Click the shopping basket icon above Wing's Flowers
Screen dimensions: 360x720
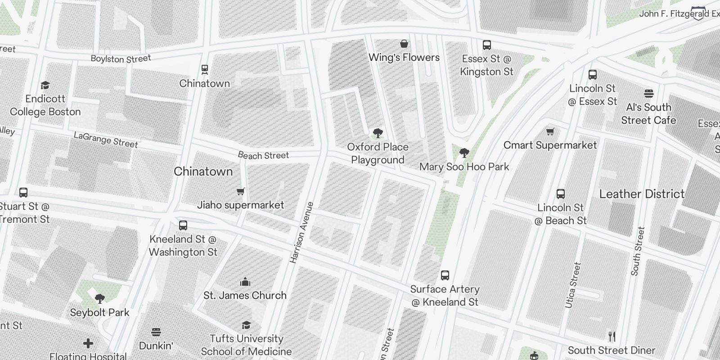(x=405, y=44)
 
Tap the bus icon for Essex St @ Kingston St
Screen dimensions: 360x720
(x=486, y=45)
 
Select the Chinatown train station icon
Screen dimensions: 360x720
(x=205, y=69)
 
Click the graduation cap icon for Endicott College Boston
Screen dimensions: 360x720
(x=45, y=85)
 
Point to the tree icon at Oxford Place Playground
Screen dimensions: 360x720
(x=378, y=133)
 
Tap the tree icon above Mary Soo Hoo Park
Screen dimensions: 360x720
(x=464, y=153)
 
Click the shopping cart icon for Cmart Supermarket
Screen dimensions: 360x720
(x=550, y=131)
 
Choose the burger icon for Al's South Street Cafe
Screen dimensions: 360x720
(x=648, y=94)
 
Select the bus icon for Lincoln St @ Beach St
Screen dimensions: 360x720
(x=560, y=194)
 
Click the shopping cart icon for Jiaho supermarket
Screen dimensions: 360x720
(x=241, y=191)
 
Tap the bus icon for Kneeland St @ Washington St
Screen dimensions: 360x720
(x=183, y=225)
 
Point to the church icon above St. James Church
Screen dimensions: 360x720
(x=245, y=282)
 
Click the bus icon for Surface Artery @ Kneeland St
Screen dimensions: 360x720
(x=445, y=275)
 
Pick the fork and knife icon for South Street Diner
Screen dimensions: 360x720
(x=612, y=337)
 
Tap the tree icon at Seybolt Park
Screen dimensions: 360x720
(x=100, y=298)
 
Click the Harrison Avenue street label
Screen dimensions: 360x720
(x=301, y=233)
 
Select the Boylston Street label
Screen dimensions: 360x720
(x=121, y=58)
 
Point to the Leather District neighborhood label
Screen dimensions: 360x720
(x=642, y=194)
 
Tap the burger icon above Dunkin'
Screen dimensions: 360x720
(x=156, y=332)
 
